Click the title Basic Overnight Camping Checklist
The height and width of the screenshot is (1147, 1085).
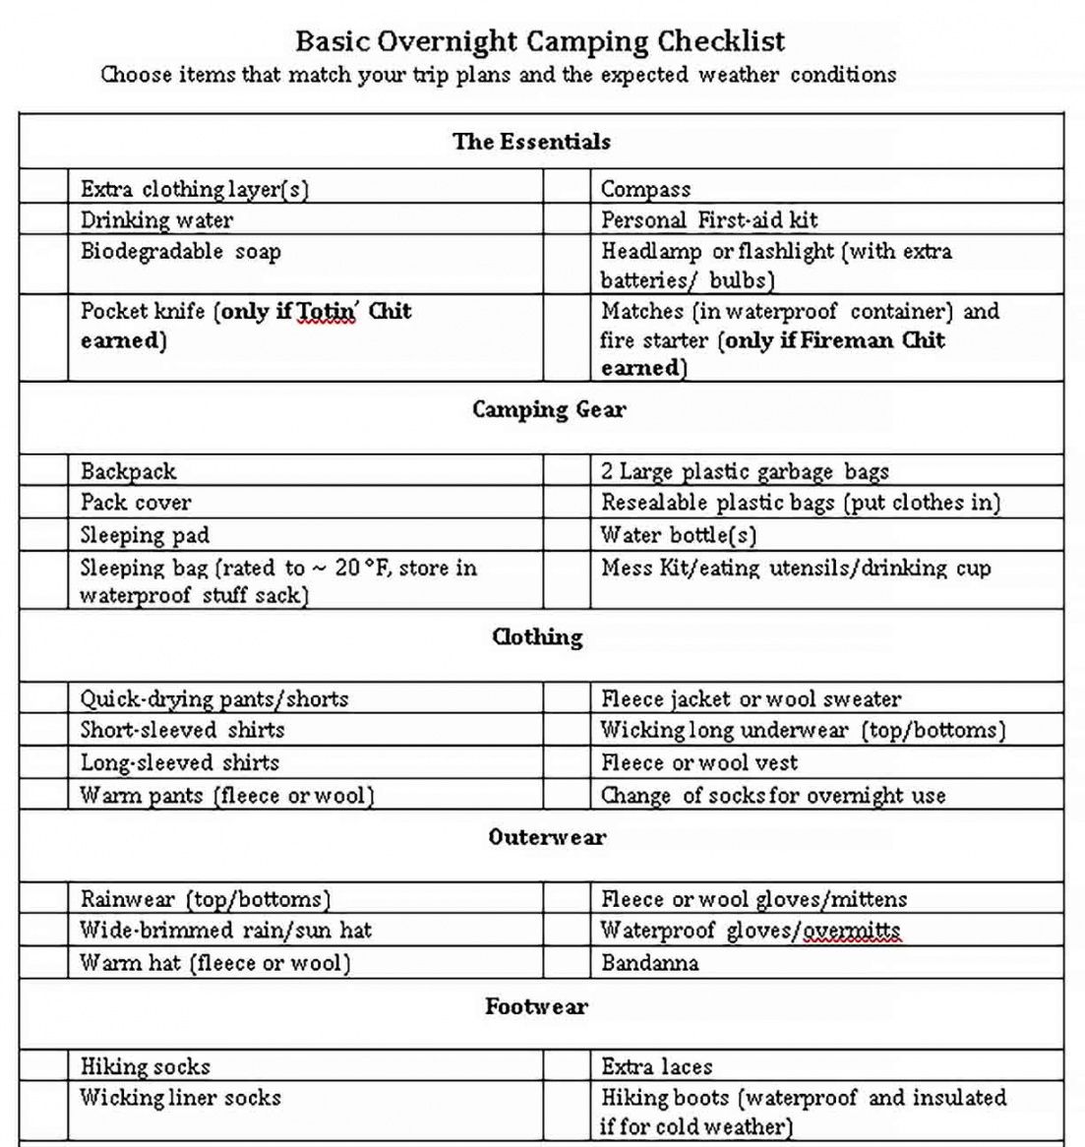(x=540, y=41)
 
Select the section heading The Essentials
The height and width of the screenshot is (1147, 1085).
(x=531, y=142)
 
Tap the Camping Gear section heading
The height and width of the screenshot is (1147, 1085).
(x=548, y=410)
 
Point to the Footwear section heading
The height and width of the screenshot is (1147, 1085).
(x=536, y=1006)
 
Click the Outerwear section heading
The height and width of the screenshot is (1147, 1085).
(x=547, y=837)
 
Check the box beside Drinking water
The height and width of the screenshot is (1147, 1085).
(x=43, y=219)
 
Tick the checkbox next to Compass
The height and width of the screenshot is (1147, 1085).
(x=567, y=188)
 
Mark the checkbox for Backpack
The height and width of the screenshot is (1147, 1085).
(x=43, y=470)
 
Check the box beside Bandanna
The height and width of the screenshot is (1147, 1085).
(x=567, y=962)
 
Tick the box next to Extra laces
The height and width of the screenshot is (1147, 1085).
(x=567, y=1065)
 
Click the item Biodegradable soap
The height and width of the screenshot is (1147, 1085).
(x=181, y=252)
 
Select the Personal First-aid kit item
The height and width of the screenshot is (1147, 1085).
(x=708, y=219)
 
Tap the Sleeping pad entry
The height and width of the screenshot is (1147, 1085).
(x=145, y=535)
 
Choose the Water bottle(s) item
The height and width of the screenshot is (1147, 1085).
(x=679, y=535)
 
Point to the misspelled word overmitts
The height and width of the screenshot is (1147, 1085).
(x=851, y=931)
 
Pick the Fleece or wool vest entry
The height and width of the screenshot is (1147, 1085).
(x=698, y=762)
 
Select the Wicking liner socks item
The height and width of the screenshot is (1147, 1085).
(x=181, y=1098)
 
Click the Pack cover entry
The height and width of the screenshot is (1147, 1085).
(x=136, y=503)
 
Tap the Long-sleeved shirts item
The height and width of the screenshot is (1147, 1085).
(x=180, y=762)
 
